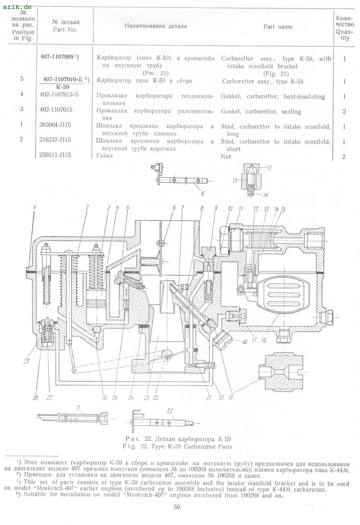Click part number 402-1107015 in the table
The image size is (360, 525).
pos(56,110)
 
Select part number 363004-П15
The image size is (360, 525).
pos(55,124)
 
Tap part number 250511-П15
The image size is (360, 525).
pos(55,155)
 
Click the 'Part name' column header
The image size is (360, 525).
pos(278,27)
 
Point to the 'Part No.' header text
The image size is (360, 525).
pos(65,29)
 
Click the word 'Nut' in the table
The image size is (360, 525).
pos(226,156)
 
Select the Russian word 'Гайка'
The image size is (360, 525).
pos(104,156)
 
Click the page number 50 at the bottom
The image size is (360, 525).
pos(177,507)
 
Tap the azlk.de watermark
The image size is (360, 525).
pos(17,6)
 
